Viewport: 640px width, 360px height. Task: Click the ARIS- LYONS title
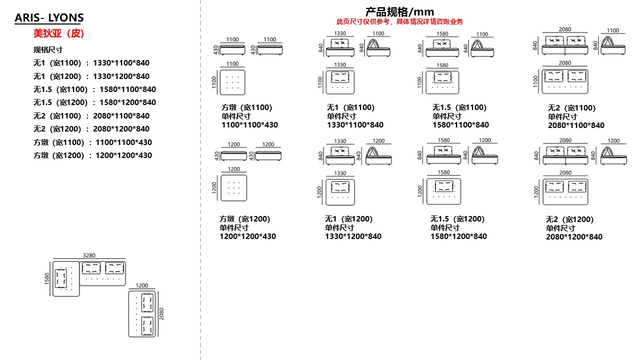49,18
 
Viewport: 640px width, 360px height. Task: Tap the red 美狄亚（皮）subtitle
58,33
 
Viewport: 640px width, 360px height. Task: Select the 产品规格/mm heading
399,11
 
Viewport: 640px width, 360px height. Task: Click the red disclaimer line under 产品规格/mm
399,21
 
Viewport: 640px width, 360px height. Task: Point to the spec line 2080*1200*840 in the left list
91,128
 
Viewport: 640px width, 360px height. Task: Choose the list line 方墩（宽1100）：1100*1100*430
92,142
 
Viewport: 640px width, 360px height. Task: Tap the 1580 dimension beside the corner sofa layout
47,279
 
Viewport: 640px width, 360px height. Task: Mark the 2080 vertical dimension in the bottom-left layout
161,314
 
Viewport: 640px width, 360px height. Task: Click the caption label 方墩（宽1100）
246,107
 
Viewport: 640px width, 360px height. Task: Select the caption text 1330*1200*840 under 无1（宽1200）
353,236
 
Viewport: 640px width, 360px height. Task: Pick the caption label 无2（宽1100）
571,107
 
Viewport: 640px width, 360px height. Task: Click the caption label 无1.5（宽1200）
457,218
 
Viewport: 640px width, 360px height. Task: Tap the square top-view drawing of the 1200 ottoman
234,187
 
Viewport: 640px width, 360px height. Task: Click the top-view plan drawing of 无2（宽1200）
565,191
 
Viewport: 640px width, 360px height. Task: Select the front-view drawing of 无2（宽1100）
565,46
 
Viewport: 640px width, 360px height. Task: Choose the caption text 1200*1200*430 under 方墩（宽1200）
247,236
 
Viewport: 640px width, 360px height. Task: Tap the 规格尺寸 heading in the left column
48,49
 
